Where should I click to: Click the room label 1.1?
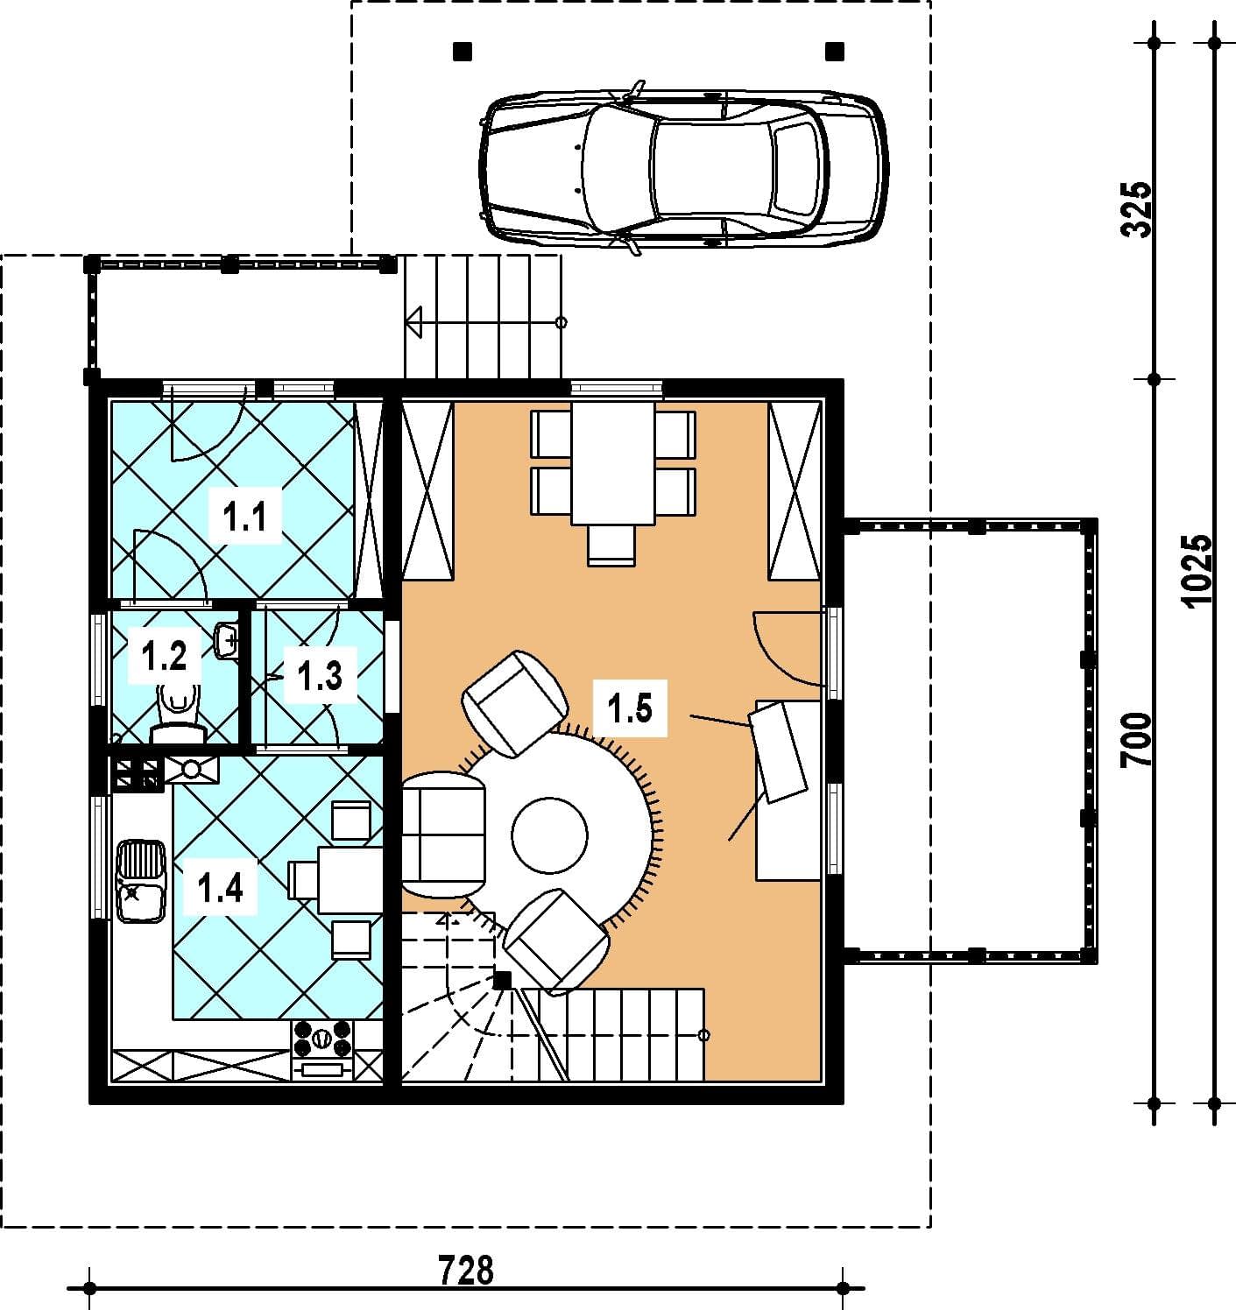(244, 517)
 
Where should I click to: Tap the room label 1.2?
(165, 656)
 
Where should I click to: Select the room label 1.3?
(320, 675)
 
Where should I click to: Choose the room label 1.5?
(630, 708)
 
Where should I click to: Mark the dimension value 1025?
(1196, 570)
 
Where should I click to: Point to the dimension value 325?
(1136, 209)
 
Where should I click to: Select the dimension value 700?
(1136, 740)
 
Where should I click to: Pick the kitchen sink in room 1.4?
(140, 881)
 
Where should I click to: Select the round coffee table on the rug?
(549, 835)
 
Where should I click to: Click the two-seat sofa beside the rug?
(443, 835)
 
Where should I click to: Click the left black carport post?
(463, 51)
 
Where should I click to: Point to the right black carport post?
(835, 51)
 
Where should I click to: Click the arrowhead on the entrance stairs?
(414, 322)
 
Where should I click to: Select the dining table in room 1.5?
(613, 463)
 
